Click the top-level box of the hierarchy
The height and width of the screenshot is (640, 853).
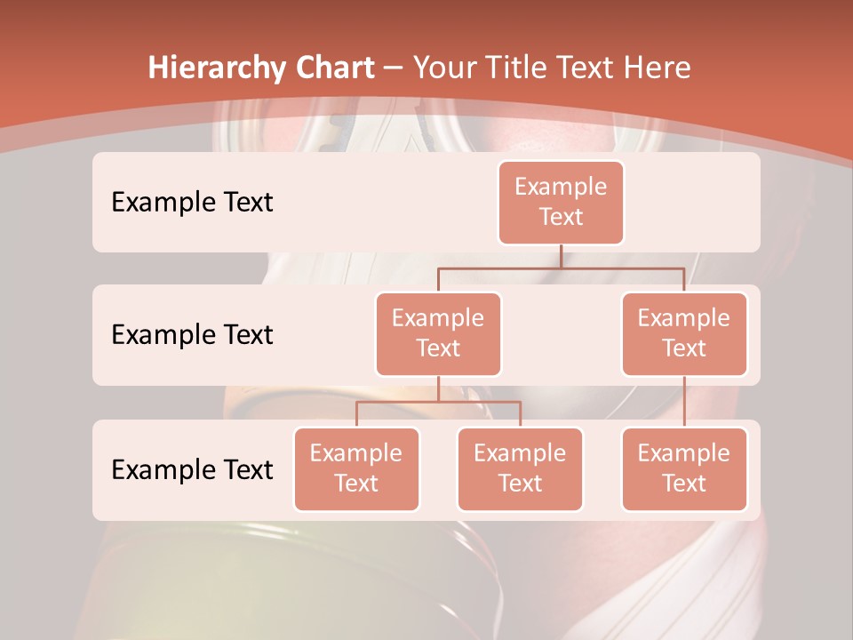pyautogui.click(x=561, y=202)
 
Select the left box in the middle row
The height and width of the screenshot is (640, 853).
pyautogui.click(x=438, y=333)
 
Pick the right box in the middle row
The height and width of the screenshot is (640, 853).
pyautogui.click(x=684, y=333)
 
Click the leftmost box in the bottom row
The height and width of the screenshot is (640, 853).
pyautogui.click(x=356, y=468)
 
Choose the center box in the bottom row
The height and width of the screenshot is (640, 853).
pyautogui.click(x=520, y=468)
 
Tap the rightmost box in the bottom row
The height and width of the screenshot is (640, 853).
pyautogui.click(x=684, y=468)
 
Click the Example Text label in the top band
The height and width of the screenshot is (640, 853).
pyautogui.click(x=192, y=203)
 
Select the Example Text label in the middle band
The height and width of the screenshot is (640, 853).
pyautogui.click(x=192, y=335)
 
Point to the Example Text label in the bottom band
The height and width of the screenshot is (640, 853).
pyautogui.click(x=192, y=469)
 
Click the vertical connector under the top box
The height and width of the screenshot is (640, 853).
pyautogui.click(x=561, y=256)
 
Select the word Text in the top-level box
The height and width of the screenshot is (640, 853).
pyautogui.click(x=561, y=217)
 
